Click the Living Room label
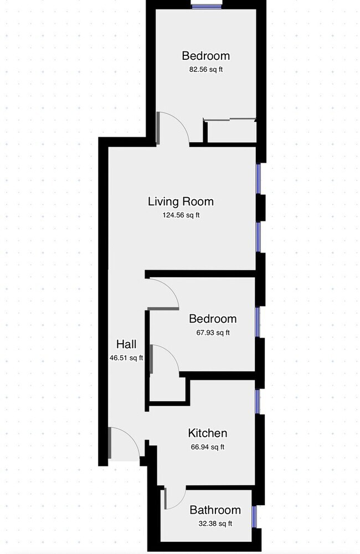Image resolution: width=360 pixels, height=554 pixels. (x=181, y=201)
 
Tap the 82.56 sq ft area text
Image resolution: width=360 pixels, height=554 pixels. (x=205, y=70)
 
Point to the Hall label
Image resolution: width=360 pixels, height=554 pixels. (x=126, y=344)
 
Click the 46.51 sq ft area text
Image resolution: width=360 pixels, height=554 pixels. (x=126, y=358)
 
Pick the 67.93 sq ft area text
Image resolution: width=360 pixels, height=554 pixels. (x=212, y=333)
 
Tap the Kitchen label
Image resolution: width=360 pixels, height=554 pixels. (x=207, y=433)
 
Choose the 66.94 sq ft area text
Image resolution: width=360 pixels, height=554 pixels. (x=207, y=447)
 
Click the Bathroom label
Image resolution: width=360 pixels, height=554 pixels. (x=215, y=510)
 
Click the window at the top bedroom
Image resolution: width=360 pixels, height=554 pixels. (x=207, y=6)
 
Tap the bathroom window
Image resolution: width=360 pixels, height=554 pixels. (x=254, y=516)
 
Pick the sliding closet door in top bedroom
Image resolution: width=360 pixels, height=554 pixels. (x=230, y=119)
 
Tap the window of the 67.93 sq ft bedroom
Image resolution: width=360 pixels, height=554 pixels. (x=258, y=322)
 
